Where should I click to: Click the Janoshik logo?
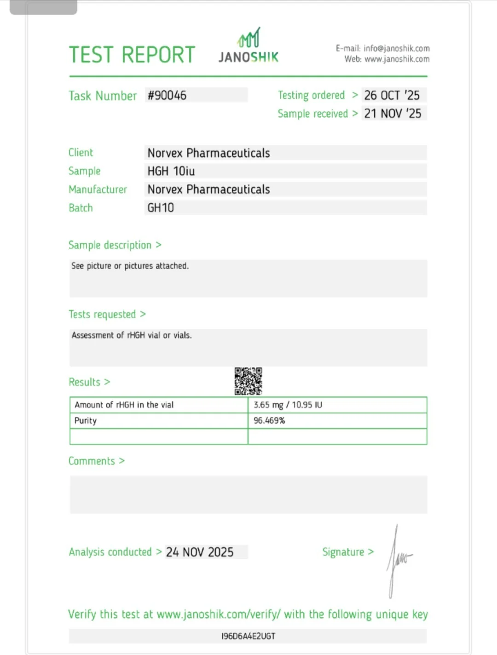point(248,46)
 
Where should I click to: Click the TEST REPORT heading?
point(132,55)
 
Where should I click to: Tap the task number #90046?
point(167,95)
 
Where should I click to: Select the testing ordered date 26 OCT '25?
point(392,95)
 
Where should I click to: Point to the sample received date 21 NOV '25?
point(393,114)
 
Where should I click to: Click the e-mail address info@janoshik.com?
point(396,48)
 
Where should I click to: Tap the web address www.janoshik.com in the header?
point(397,59)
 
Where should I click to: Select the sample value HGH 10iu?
point(171,171)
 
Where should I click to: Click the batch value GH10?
point(161,208)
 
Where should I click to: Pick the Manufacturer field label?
point(98,190)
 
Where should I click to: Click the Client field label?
point(81,153)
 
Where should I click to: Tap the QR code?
point(248,381)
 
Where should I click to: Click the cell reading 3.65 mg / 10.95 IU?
point(288,405)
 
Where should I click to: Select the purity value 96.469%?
point(269,420)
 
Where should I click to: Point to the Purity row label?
point(86,420)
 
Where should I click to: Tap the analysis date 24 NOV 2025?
point(200,552)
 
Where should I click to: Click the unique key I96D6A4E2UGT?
point(248,636)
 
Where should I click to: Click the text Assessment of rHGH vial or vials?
point(132,335)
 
